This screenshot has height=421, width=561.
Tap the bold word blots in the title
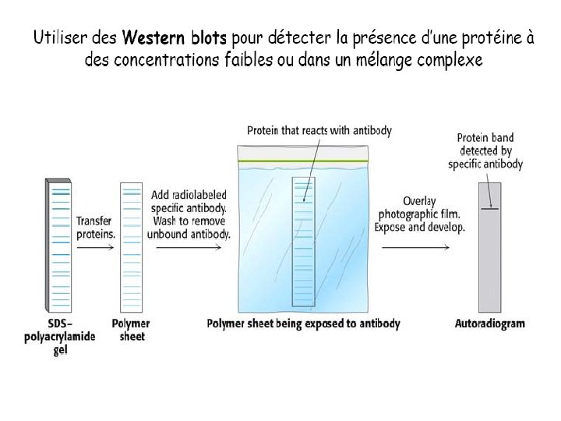click(205, 38)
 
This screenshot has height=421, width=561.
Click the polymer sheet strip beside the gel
click(131, 246)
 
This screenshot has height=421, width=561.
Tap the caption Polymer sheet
click(131, 329)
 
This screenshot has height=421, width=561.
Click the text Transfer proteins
click(95, 228)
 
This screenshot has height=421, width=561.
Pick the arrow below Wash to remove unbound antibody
click(189, 248)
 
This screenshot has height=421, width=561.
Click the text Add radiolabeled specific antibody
click(189, 203)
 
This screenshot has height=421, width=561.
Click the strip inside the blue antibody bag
click(304, 242)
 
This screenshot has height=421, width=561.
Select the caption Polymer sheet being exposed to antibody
click(303, 323)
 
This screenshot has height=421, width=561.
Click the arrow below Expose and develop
click(415, 248)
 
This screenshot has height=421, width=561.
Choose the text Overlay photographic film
click(419, 207)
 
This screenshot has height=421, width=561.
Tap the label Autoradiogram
click(489, 323)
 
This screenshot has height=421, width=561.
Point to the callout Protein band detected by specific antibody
click(485, 150)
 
